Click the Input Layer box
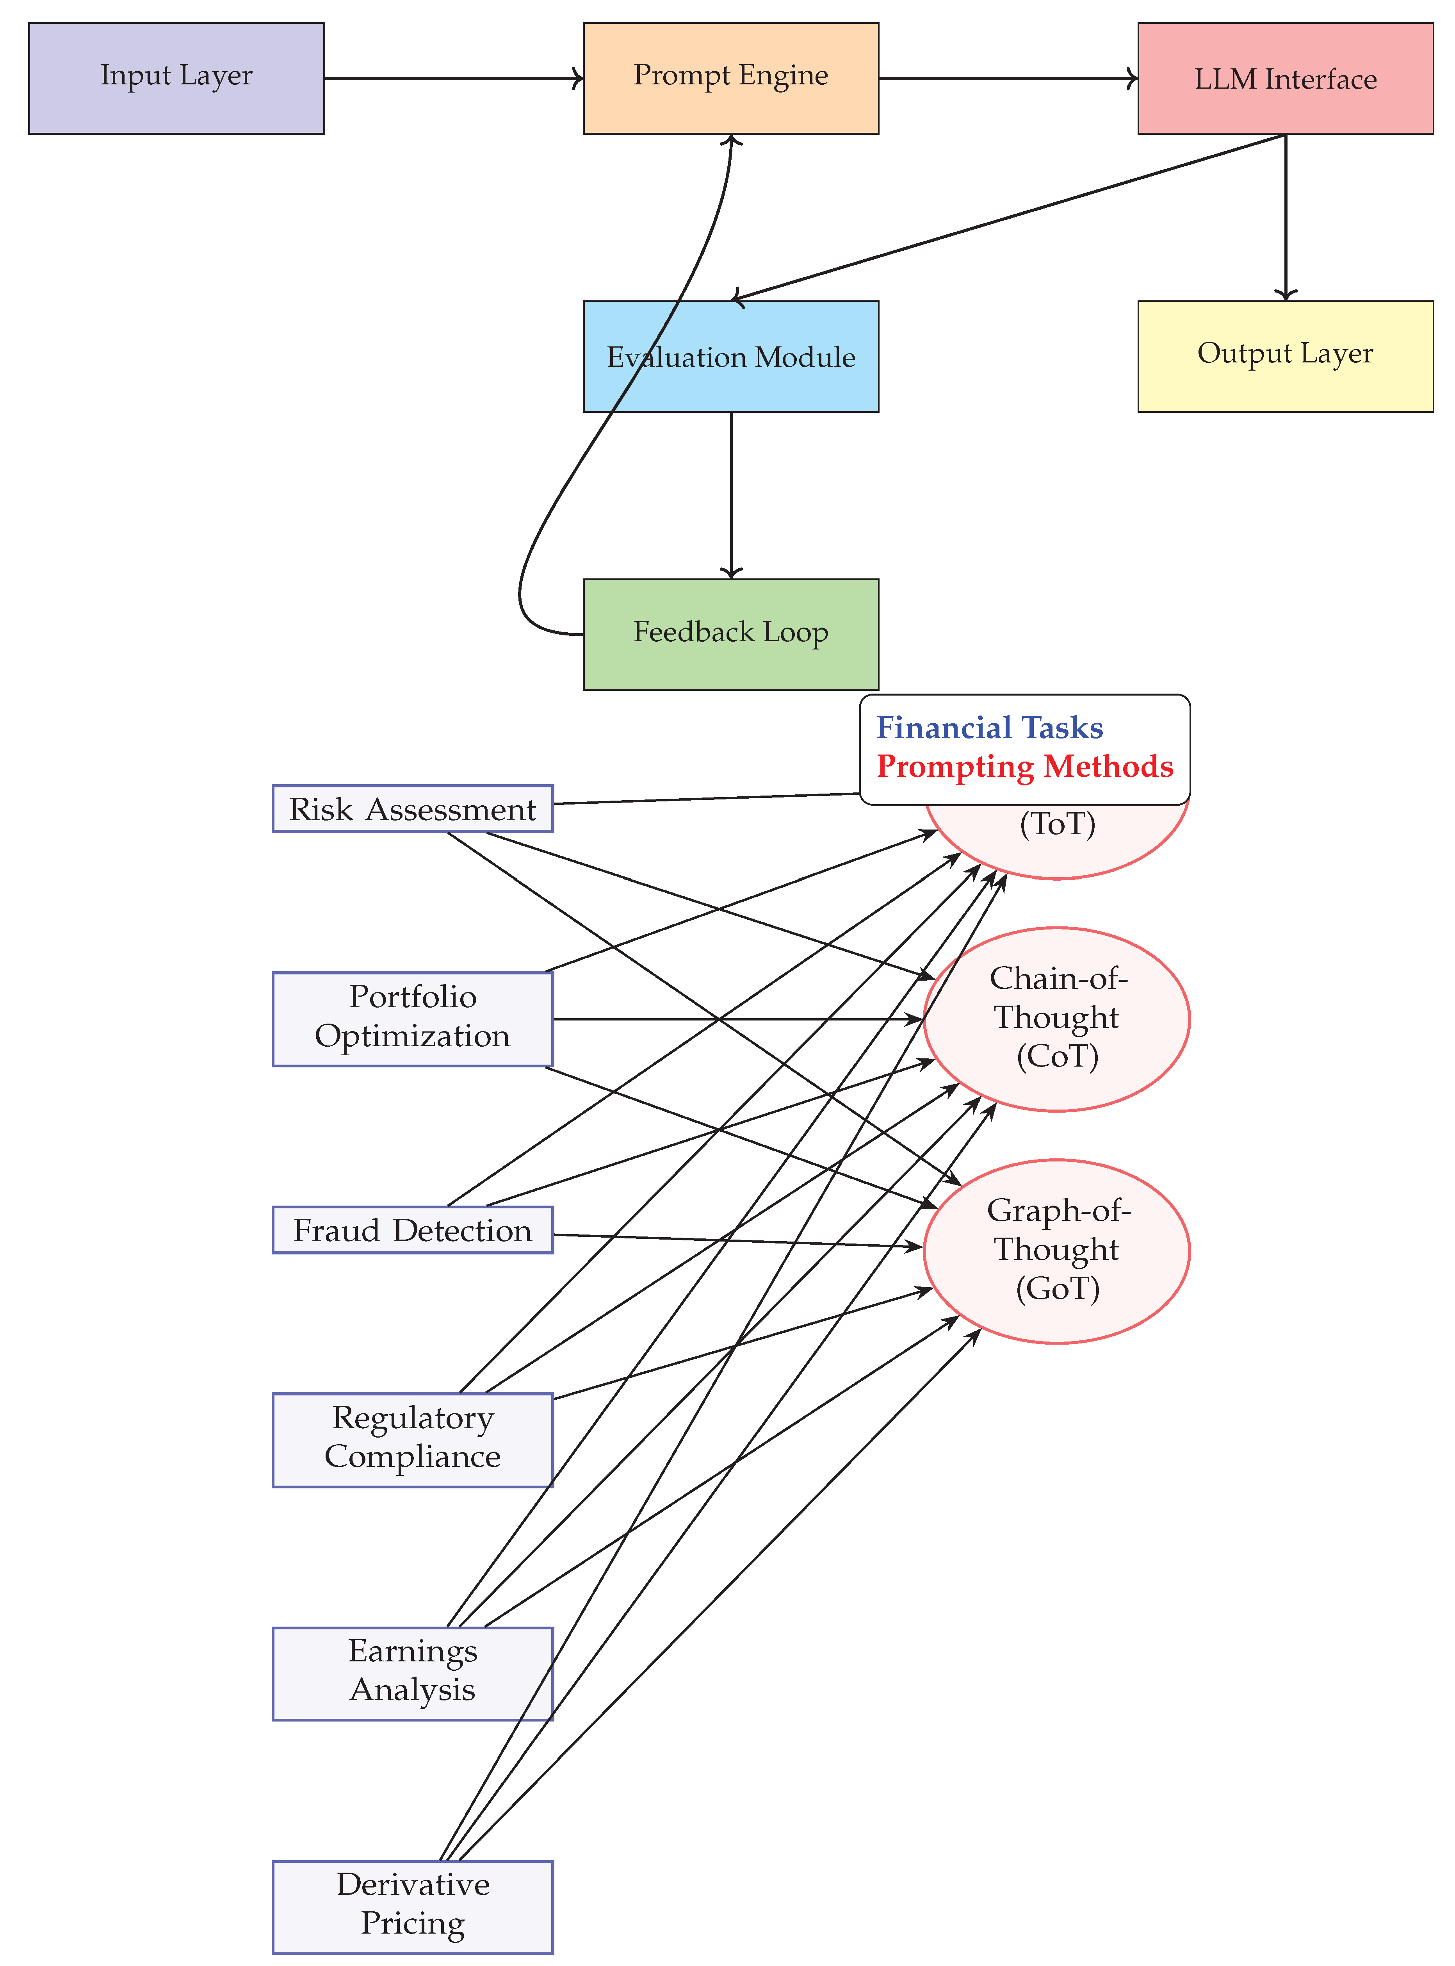tap(176, 78)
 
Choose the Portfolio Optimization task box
tap(412, 1019)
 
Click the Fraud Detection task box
tap(412, 1230)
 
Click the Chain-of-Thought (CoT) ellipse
tap(1057, 1019)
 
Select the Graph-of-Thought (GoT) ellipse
tap(1057, 1251)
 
